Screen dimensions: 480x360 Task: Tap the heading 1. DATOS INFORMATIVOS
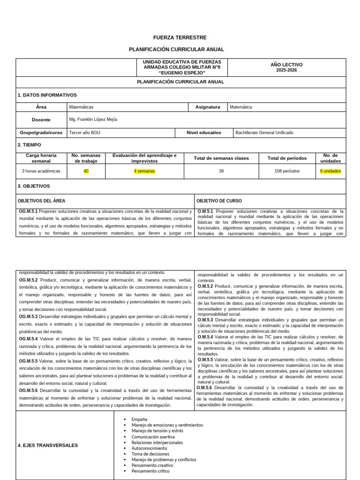pyautogui.click(x=47, y=95)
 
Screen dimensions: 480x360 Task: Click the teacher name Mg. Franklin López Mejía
pyautogui.click(x=93, y=120)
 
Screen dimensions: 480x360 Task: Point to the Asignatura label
pyautogui.click(x=207, y=107)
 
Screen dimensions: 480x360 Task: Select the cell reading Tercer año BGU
pyautogui.click(x=84, y=133)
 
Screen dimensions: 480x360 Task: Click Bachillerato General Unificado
pyautogui.click(x=265, y=133)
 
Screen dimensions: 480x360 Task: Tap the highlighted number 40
pyautogui.click(x=86, y=171)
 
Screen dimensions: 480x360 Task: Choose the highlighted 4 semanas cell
pyautogui.click(x=144, y=171)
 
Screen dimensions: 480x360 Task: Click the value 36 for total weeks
pyautogui.click(x=221, y=171)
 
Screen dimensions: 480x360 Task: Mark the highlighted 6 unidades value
pyautogui.click(x=330, y=171)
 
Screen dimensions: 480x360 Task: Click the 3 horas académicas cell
pyautogui.click(x=41, y=171)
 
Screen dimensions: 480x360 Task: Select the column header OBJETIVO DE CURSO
pyautogui.click(x=219, y=201)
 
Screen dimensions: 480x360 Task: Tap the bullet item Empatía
pyautogui.click(x=139, y=419)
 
